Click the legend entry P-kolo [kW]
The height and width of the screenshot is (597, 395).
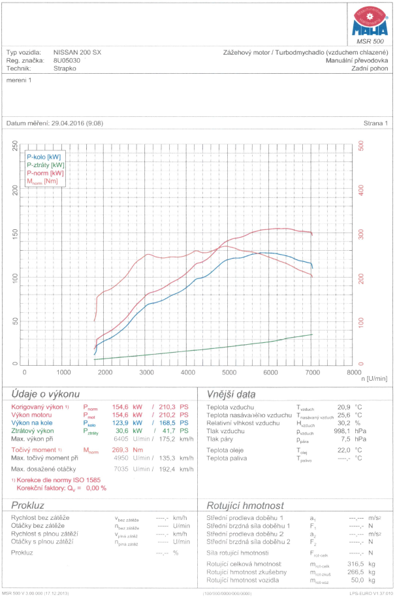pyautogui.click(x=44, y=157)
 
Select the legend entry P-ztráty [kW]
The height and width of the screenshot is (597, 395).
pyautogui.click(x=46, y=165)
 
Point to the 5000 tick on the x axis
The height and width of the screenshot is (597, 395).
pyautogui.click(x=229, y=372)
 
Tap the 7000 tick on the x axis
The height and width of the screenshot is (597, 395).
pyautogui.click(x=312, y=372)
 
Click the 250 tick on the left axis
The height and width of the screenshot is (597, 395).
pyautogui.click(x=15, y=148)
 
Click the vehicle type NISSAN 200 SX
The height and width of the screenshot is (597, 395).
pyautogui.click(x=78, y=52)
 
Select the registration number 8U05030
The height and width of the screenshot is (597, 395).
pyautogui.click(x=67, y=59)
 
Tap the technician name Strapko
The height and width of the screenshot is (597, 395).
pyautogui.click(x=65, y=67)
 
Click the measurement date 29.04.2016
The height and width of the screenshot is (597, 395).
pyautogui.click(x=69, y=123)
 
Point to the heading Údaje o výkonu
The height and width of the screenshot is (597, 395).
pyautogui.click(x=46, y=395)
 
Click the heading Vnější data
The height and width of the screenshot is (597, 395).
pyautogui.click(x=230, y=395)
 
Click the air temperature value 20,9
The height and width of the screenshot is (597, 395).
pyautogui.click(x=344, y=406)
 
